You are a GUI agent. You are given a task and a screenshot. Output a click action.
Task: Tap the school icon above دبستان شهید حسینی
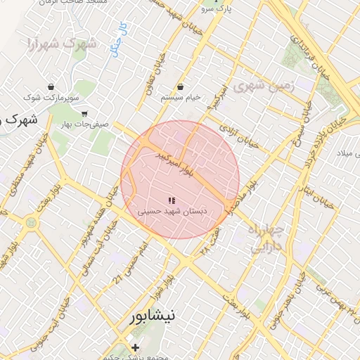pyautogui.click(x=172, y=200)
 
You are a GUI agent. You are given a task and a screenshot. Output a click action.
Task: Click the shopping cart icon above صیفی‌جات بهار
pyautogui.click(x=84, y=113)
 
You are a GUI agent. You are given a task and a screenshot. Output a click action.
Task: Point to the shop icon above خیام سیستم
pyautogui.click(x=181, y=86)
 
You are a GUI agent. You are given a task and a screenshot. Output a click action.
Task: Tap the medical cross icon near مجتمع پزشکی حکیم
pyautogui.click(x=136, y=347)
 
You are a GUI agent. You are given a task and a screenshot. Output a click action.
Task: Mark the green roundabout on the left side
pyautogui.click(x=30, y=223)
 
